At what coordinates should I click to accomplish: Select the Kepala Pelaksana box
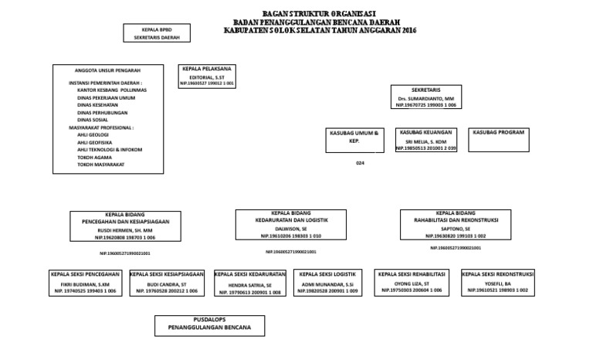click(x=208, y=76)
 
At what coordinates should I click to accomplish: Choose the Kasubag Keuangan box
click(x=426, y=140)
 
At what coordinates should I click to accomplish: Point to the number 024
click(x=360, y=164)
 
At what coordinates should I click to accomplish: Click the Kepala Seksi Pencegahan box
click(x=85, y=283)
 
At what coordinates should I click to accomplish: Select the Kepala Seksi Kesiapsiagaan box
click(x=167, y=283)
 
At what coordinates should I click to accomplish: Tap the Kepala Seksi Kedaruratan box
click(x=250, y=283)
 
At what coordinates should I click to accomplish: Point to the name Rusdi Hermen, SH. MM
click(x=126, y=230)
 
